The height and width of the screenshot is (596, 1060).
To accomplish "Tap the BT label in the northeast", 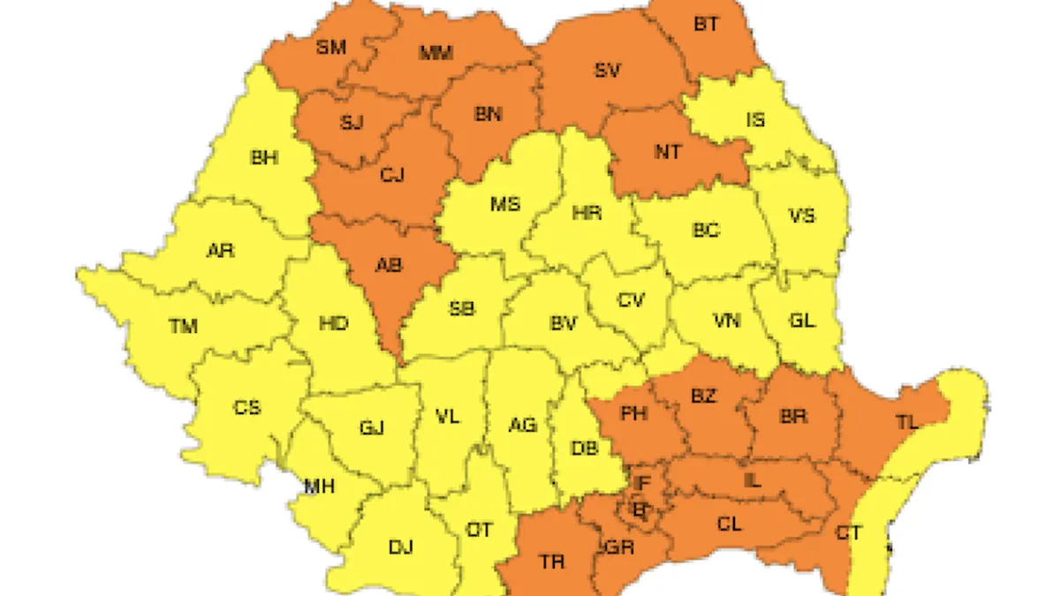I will point(705,25).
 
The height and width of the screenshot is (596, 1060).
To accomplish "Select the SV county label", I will point(607,71).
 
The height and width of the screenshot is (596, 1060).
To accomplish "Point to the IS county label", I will point(755,120).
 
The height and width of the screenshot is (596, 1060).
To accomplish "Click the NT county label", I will point(668,152).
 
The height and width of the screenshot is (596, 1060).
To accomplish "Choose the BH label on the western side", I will point(264,159).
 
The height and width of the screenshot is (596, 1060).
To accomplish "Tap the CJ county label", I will point(391,175).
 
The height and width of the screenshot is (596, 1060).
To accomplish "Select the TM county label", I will point(183,327).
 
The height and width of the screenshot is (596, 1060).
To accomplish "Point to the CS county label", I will point(246,408).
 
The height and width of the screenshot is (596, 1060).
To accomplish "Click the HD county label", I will point(333,324).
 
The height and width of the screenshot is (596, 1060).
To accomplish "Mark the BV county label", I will point(563,324).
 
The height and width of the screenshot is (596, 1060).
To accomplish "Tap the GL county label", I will point(801,321).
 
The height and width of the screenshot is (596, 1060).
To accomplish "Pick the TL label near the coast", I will point(907,421).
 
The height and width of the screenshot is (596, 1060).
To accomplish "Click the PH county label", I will point(633,413).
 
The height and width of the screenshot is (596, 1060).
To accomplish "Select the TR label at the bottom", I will point(553,561).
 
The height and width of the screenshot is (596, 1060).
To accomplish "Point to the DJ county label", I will point(400,547).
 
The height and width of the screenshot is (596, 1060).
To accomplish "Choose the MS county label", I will point(504,205).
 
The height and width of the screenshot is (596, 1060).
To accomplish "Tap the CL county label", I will point(729,524).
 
